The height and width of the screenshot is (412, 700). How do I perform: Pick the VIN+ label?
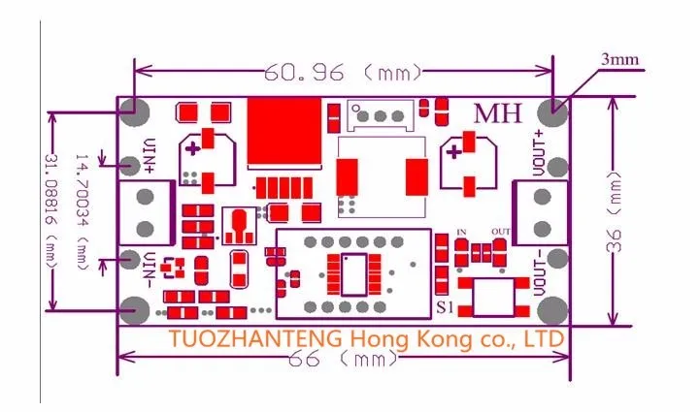click(x=150, y=154)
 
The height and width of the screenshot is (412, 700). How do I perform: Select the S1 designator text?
click(x=446, y=307)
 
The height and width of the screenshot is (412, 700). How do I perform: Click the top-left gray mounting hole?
click(x=137, y=111)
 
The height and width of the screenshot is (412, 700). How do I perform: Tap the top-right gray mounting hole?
click(x=555, y=110)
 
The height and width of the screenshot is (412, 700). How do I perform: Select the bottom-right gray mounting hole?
click(x=551, y=310)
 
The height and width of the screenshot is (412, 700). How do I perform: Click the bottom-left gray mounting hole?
click(x=136, y=310)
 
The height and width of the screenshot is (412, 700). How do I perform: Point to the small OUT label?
click(x=501, y=231)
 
